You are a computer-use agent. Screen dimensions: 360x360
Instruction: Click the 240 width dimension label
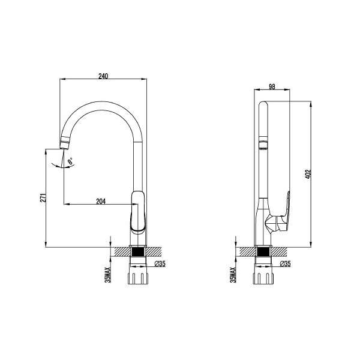tap(103, 76)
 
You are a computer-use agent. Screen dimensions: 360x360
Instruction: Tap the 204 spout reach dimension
tap(101, 202)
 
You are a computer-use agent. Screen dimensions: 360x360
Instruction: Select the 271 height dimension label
tap(43, 198)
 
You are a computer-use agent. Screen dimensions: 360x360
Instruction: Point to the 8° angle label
tap(70, 161)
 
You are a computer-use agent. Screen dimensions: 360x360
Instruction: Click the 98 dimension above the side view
tap(272, 87)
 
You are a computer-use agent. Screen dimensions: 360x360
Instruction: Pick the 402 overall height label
tap(308, 174)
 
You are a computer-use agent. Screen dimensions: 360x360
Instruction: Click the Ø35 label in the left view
tap(160, 264)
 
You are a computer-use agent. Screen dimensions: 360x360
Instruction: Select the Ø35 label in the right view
tap(286, 264)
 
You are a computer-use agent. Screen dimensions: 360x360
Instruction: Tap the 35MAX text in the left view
tap(107, 275)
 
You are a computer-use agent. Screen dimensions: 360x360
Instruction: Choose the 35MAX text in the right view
tap(233, 275)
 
